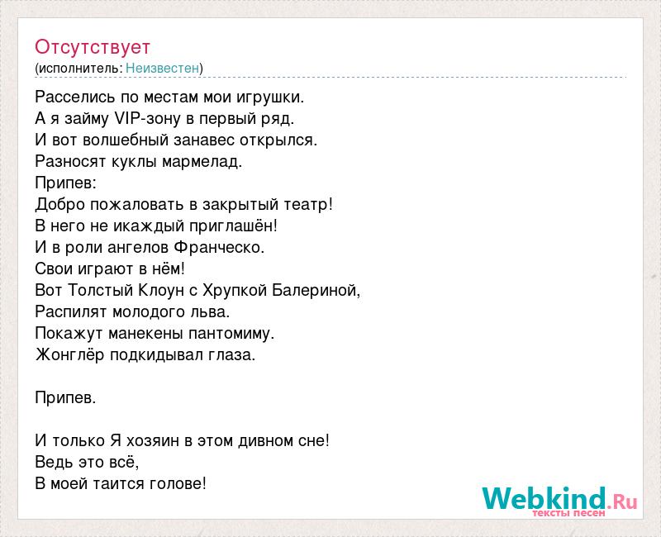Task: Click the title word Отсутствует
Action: point(93,47)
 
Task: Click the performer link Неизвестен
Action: point(162,68)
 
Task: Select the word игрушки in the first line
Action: point(270,97)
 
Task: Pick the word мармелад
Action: point(202,162)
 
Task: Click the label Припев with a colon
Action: point(66,183)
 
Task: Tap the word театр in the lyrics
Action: point(308,204)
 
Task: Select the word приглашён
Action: point(233,226)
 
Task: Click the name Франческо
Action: point(219,247)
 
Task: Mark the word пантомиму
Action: point(231,334)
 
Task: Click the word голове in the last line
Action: point(178,484)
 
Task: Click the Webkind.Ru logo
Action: point(559,501)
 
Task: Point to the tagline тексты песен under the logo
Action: point(568,513)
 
